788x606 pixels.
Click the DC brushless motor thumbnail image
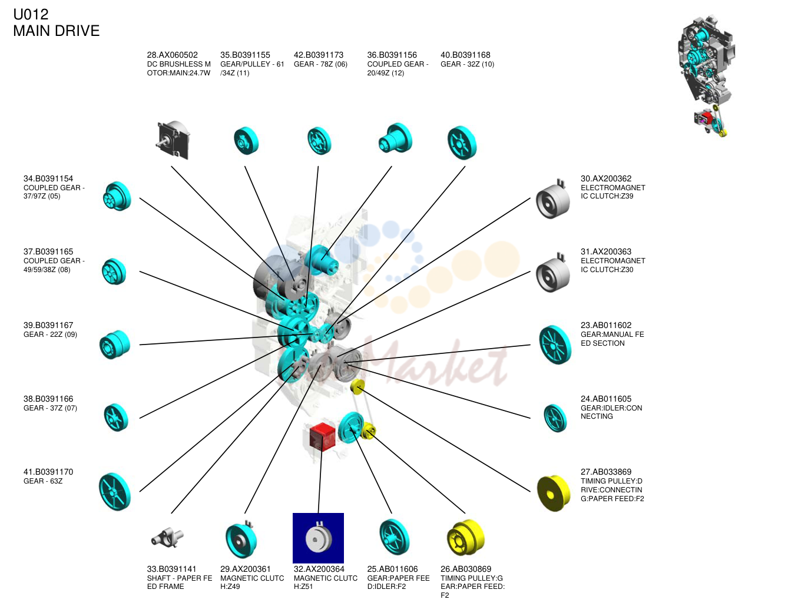[x=173, y=140]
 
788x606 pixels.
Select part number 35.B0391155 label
[x=245, y=55]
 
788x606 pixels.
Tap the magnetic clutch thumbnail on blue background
[x=318, y=538]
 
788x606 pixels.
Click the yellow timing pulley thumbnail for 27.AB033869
[x=554, y=493]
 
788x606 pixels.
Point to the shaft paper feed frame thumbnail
[x=167, y=538]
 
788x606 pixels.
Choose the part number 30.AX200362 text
[x=606, y=178]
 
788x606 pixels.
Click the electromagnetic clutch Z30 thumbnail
[x=552, y=273]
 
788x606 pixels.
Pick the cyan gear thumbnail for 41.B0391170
[x=115, y=492]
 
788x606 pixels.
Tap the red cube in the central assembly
[x=322, y=437]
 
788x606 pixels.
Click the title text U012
[x=31, y=15]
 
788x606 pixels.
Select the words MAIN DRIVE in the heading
[x=56, y=31]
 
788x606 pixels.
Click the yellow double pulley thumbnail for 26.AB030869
[x=466, y=538]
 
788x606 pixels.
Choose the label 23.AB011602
[x=606, y=326]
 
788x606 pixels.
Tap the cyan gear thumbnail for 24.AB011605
[x=555, y=418]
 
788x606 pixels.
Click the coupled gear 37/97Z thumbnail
[x=117, y=196]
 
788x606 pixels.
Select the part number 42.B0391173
[x=319, y=55]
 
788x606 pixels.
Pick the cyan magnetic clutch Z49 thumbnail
[x=241, y=539]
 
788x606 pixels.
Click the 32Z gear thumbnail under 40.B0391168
[x=462, y=143]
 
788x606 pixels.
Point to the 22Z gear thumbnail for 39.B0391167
[x=115, y=345]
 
